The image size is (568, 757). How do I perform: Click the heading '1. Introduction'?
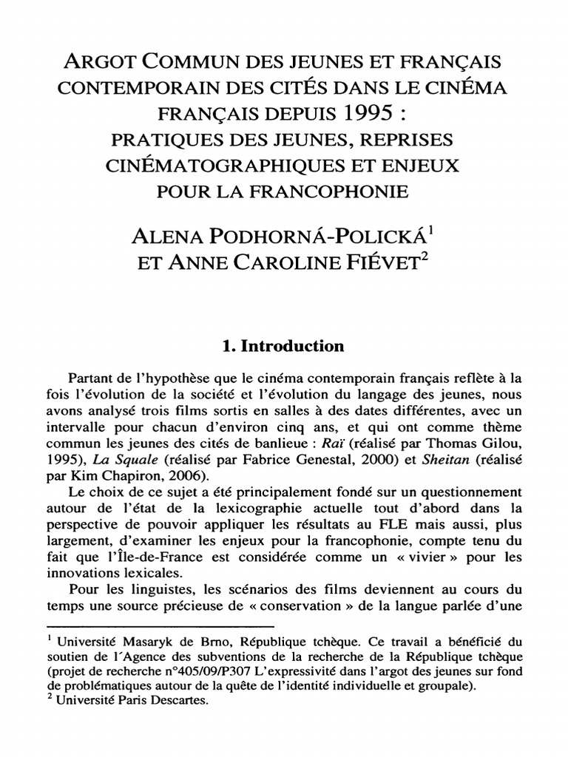click(x=284, y=346)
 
